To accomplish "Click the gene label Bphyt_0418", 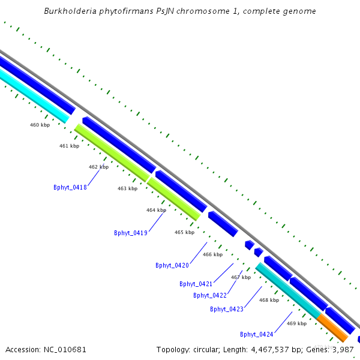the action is pos(70,187).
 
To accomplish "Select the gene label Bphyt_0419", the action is pos(131,233).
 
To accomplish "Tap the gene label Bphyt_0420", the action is pos(172,265).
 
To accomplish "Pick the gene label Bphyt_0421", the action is pos(196,284).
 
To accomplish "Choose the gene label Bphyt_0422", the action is pos(210,295).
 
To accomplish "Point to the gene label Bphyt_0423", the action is pos(227,309).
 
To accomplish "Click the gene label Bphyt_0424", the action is pos(257,334).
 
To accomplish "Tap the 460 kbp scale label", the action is pos(40,125).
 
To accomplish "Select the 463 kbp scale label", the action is pos(127,188).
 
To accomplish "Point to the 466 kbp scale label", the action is pos(212,254).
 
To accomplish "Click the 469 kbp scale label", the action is pos(296,323).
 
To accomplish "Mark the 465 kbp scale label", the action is pos(184,232).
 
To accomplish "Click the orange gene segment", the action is pos(332,327).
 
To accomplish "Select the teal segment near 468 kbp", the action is pos(288,290).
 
